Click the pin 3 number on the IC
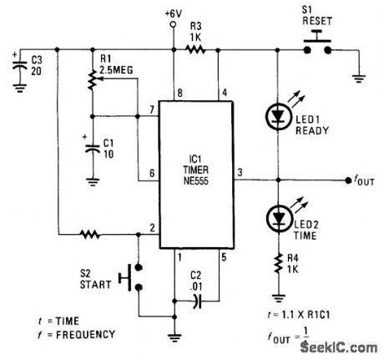click(x=240, y=172)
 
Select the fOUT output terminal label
click(x=363, y=180)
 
